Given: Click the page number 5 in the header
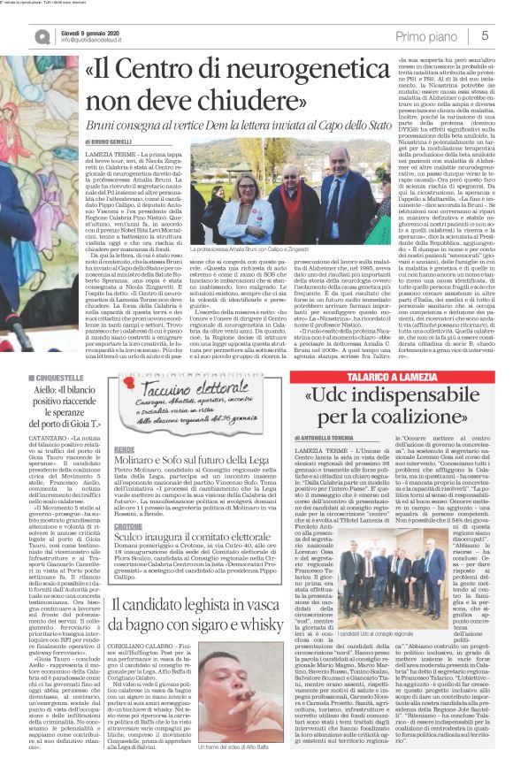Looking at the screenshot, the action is click(x=486, y=34).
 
